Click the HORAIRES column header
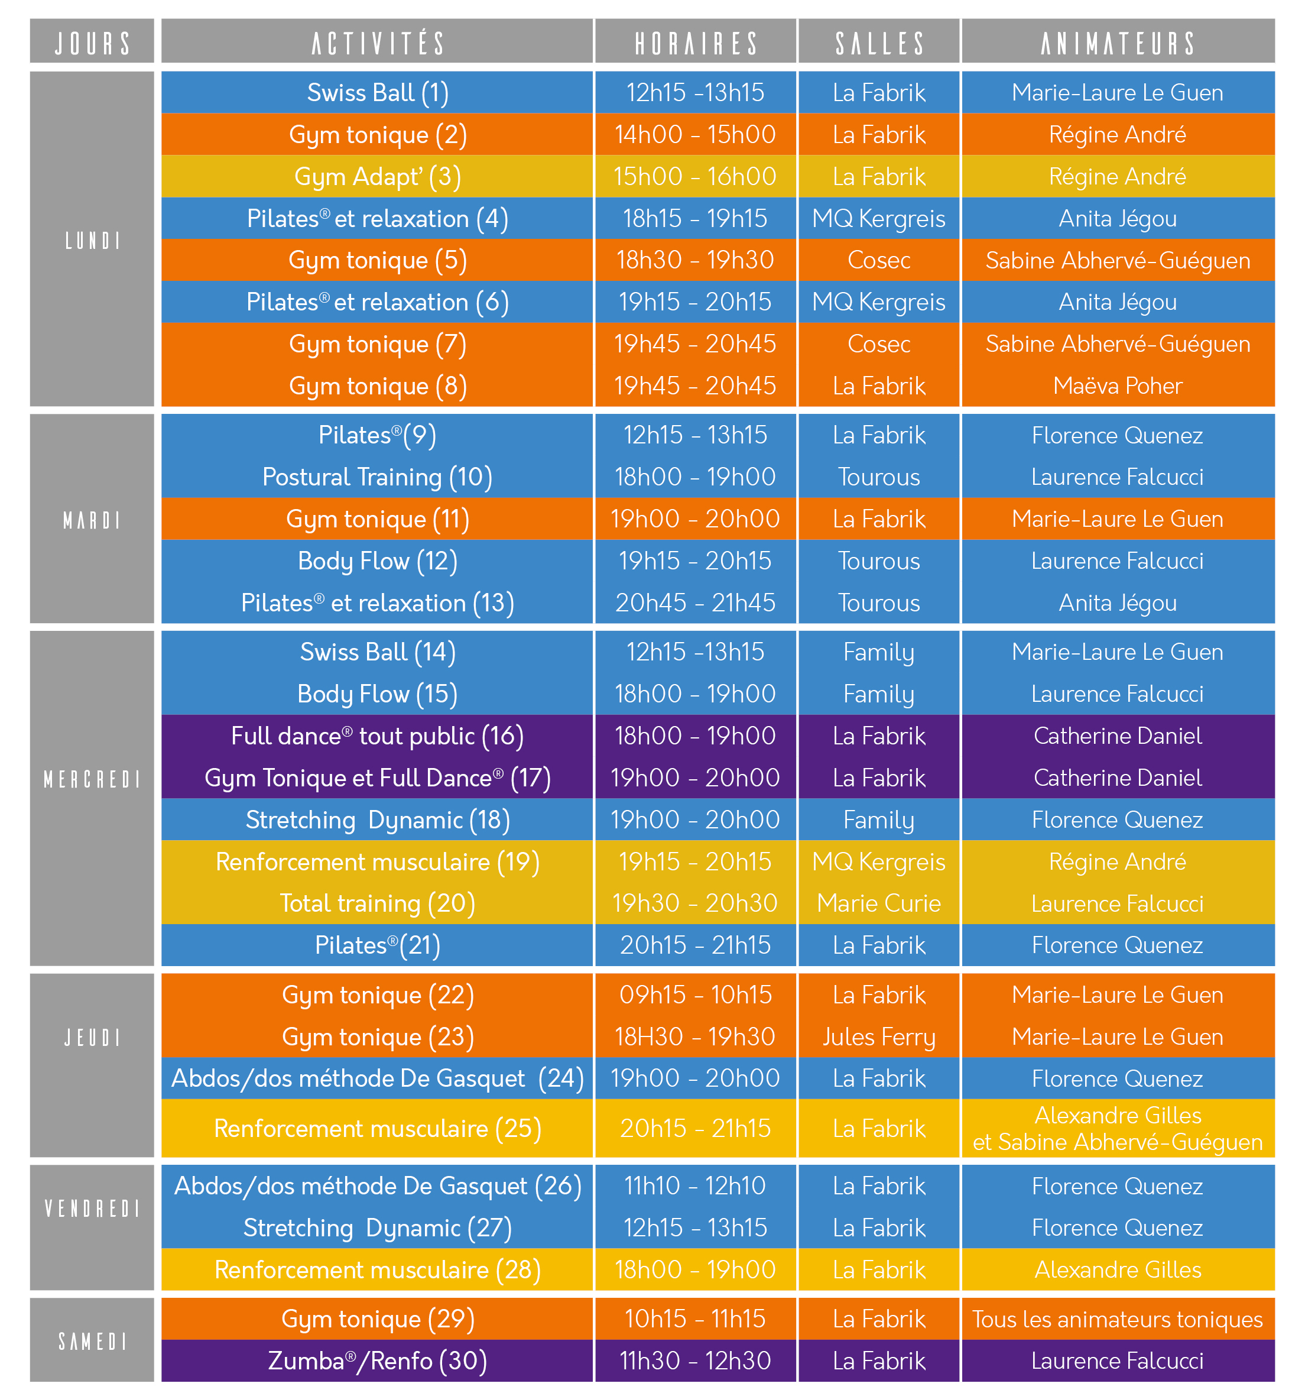[x=696, y=43]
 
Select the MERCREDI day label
[x=92, y=779]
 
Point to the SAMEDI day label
[x=92, y=1341]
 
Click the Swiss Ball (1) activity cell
[x=378, y=92]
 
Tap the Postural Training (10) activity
[x=378, y=477]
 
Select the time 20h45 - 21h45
[x=696, y=602]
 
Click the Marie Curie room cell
[x=879, y=903]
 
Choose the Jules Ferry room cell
[x=879, y=1037]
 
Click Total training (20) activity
[x=378, y=903]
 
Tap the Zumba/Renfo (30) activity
[x=378, y=1360]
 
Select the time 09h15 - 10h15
[x=696, y=995]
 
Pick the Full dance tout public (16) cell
[x=378, y=736]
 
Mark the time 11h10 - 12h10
[x=696, y=1185]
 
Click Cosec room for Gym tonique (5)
[x=879, y=261]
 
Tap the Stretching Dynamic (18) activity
[x=378, y=820]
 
